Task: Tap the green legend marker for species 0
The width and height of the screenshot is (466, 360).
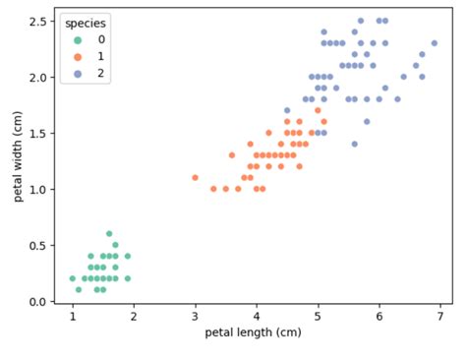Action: click(78, 39)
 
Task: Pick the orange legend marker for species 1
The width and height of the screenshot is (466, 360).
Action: click(78, 56)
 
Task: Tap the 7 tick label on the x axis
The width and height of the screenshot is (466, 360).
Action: click(440, 316)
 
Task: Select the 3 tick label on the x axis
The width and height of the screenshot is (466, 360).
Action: click(195, 316)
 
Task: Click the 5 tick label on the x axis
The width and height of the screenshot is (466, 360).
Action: click(318, 316)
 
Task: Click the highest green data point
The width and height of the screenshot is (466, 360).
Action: click(109, 234)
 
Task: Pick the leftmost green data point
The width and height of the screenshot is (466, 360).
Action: click(72, 278)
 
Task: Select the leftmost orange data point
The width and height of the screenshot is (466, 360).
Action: click(195, 178)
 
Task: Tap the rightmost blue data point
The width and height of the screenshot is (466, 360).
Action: click(435, 43)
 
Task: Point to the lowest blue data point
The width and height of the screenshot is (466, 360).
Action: click(355, 144)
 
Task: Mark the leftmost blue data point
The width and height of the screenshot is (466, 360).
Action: click(287, 110)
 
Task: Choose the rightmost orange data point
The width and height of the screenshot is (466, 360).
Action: click(323, 122)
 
